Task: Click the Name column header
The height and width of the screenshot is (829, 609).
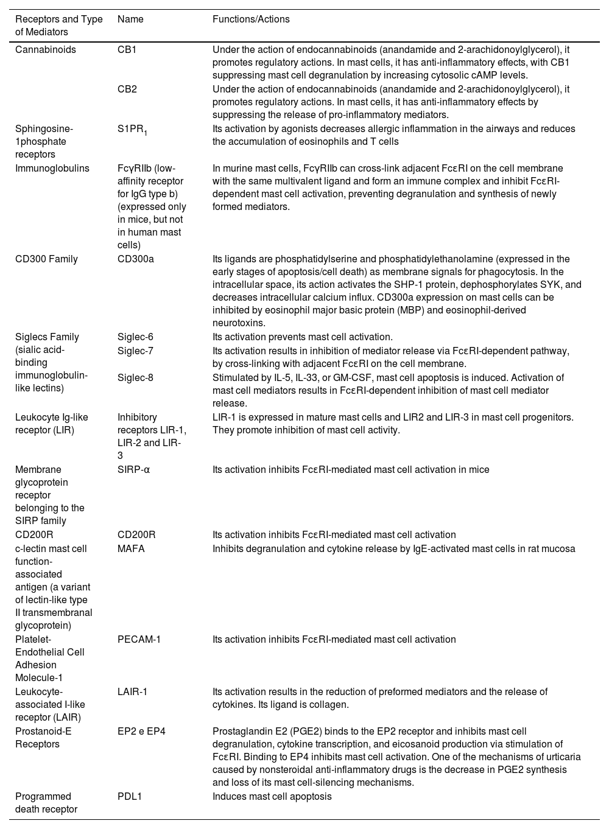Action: coord(130,19)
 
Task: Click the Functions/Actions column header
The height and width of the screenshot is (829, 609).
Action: coord(251,19)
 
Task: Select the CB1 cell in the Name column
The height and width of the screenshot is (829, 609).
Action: coord(127,50)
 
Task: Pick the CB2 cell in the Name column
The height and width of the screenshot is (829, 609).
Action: coord(127,89)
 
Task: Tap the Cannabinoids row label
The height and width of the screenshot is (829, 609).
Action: coord(46,50)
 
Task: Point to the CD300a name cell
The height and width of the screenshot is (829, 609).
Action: coord(135,259)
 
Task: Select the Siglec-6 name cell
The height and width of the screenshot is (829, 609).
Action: coord(135,337)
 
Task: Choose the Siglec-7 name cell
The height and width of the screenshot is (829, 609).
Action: coord(135,351)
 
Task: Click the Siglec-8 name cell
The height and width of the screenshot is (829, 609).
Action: coord(135,378)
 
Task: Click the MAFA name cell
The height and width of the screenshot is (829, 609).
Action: coord(131,549)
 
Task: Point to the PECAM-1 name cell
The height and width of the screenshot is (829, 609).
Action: coord(139,640)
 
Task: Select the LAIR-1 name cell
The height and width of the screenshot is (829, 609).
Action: coord(132,692)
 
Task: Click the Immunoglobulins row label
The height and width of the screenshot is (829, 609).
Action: coord(52,169)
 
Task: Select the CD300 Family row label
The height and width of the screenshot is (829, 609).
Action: coord(46,259)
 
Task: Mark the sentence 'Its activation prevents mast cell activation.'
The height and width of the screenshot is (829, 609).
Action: coord(302,337)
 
